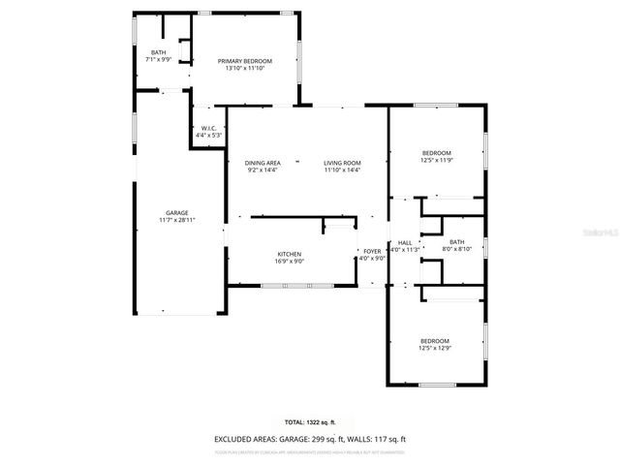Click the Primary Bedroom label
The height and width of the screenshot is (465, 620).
point(244,61)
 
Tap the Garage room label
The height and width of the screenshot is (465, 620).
point(176,212)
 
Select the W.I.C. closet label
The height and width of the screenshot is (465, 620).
point(209,128)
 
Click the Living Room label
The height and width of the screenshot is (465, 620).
point(341,163)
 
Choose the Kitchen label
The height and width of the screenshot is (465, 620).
point(290,253)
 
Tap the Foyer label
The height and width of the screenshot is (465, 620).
point(372,251)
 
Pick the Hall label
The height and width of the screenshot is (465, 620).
point(405,242)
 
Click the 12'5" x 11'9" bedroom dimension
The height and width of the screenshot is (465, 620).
point(436,161)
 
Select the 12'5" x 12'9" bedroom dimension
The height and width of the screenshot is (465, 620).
point(435,347)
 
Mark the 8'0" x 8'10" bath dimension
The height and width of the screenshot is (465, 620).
point(456,249)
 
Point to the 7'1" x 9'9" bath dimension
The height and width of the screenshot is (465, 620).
point(157,59)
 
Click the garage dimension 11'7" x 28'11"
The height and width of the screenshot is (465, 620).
point(176,220)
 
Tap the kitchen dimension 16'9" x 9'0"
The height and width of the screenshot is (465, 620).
point(290,261)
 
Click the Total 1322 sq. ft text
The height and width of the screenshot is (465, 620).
point(310,422)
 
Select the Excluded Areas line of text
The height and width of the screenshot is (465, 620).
point(310,438)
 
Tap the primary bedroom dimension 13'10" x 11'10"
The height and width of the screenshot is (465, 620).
point(244,69)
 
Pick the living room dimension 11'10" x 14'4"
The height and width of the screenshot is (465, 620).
point(341,170)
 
